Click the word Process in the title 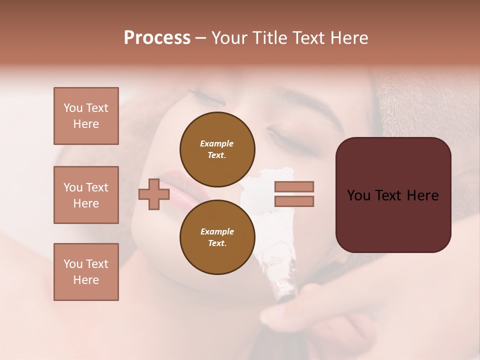pos(157,38)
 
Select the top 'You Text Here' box pos(86,116)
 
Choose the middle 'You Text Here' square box pos(86,195)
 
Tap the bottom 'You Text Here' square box pos(86,272)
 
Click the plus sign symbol pos(154,194)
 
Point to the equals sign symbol pos(294,194)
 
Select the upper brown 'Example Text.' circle pos(217,149)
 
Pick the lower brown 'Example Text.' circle pos(217,237)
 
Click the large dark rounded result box pos(393,195)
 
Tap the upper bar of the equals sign pos(294,187)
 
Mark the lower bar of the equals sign pos(294,201)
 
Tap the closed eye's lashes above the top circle pos(200,93)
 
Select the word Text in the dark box pos(393,195)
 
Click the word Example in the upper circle pos(217,143)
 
